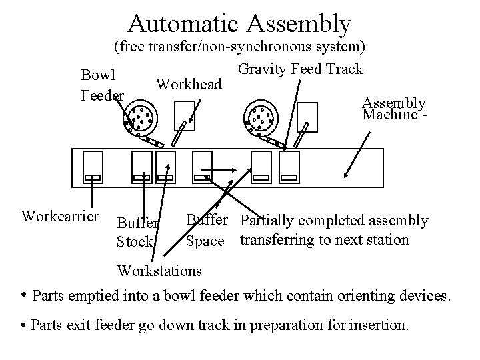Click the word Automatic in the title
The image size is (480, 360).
coord(184,23)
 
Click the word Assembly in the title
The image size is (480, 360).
coord(299,23)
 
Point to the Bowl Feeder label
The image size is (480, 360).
coord(102,84)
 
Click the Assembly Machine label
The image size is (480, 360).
coord(394,108)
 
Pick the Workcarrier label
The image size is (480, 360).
coord(60,216)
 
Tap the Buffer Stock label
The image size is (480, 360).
coord(137,232)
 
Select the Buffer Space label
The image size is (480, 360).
coord(205,230)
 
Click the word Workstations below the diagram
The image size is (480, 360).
coord(159,270)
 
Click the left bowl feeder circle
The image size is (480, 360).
coord(141,119)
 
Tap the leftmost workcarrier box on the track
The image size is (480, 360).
coord(91,167)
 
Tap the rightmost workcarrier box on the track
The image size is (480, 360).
coord(291,167)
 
